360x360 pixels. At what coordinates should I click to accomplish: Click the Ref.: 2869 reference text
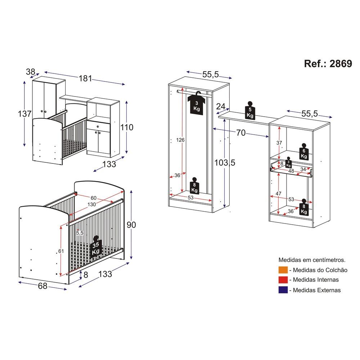coord(328,64)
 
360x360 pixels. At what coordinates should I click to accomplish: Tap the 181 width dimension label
coord(85,78)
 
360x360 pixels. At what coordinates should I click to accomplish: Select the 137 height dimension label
coord(24,114)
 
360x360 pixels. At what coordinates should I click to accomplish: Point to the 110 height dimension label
coord(127,127)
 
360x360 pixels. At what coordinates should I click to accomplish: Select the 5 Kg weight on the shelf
coord(250,111)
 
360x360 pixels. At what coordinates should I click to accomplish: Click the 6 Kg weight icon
coord(304,152)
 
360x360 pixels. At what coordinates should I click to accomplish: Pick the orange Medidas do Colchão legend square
coord(283,270)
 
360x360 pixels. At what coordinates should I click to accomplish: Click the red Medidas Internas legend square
coord(283,280)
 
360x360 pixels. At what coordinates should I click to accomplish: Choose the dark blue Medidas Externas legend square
coord(283,290)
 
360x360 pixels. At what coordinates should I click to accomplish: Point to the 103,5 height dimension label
coord(225,163)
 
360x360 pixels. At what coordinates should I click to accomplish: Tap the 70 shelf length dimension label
coord(241,133)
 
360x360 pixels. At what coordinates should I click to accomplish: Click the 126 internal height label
coord(180,140)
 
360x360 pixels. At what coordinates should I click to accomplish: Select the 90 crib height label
coord(131,225)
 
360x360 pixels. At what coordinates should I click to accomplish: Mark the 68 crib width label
coord(43,286)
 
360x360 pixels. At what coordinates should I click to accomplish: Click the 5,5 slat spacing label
coord(80,233)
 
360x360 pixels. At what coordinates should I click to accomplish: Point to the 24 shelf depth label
coord(221,106)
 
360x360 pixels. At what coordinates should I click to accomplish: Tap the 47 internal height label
coord(279,194)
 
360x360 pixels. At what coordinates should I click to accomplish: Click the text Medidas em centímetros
coord(312,260)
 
